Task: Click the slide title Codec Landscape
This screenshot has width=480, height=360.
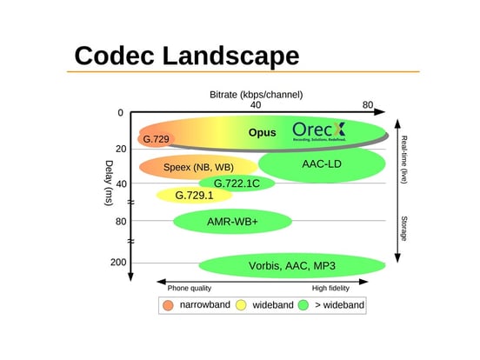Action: coord(186,55)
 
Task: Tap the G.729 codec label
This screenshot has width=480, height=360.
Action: coord(156,139)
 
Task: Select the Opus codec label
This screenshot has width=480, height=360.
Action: coord(262,133)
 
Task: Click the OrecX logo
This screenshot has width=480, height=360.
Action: coord(318,131)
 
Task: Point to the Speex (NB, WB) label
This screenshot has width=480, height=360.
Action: coord(198,167)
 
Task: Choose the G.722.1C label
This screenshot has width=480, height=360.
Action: coord(237,183)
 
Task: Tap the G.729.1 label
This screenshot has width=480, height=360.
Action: coord(194,196)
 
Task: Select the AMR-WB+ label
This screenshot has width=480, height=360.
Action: coord(232,222)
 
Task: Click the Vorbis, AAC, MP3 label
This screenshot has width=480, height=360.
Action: coord(292,265)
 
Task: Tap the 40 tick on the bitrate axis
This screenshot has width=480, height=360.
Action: coord(256,105)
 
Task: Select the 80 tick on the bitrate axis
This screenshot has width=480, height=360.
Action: coord(368,105)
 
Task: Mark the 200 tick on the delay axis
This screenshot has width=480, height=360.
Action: coord(117,262)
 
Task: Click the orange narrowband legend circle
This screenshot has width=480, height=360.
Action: coord(168,305)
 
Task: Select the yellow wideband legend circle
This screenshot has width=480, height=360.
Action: coord(241,305)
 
